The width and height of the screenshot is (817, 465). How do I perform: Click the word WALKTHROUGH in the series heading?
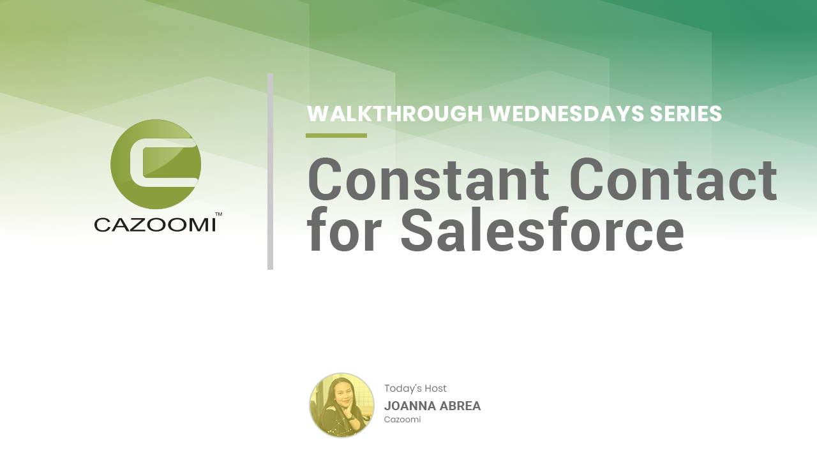click(x=395, y=114)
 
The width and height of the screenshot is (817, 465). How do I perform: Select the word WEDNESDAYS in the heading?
click(x=567, y=114)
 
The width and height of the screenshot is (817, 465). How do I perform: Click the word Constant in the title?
click(x=428, y=180)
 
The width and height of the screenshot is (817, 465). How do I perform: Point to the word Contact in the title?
click(x=673, y=180)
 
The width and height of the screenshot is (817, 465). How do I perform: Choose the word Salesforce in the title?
click(x=542, y=230)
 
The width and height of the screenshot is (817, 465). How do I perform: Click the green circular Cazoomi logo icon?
click(x=156, y=165)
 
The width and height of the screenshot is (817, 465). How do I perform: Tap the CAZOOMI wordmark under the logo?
click(x=155, y=225)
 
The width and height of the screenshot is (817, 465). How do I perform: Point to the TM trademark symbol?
click(x=219, y=214)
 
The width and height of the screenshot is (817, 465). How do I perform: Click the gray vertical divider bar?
click(x=270, y=172)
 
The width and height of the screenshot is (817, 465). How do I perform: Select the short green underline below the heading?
click(x=336, y=136)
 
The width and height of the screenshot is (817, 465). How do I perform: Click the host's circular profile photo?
click(x=341, y=405)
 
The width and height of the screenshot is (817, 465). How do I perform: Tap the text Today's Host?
click(x=415, y=388)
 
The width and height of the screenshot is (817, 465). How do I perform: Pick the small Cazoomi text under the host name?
click(x=402, y=420)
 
